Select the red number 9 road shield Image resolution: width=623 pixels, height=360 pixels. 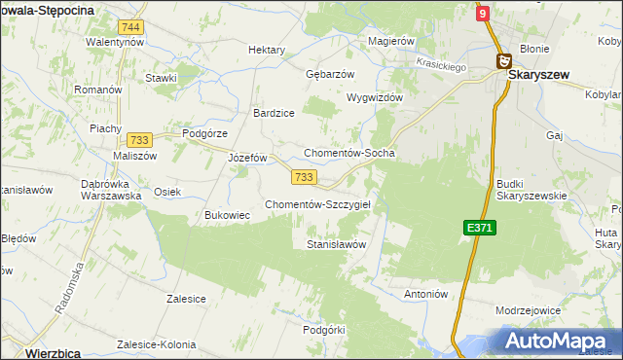(x=483, y=14)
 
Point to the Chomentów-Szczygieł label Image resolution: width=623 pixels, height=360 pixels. (x=325, y=204)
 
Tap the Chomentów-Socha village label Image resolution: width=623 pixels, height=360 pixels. (x=349, y=154)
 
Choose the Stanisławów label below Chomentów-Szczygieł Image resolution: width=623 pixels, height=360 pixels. (x=337, y=244)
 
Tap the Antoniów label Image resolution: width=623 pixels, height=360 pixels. (x=424, y=293)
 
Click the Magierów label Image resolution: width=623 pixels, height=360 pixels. (x=392, y=41)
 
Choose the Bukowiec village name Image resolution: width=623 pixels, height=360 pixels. (x=228, y=215)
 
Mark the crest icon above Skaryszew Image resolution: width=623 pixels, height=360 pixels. (x=504, y=60)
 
